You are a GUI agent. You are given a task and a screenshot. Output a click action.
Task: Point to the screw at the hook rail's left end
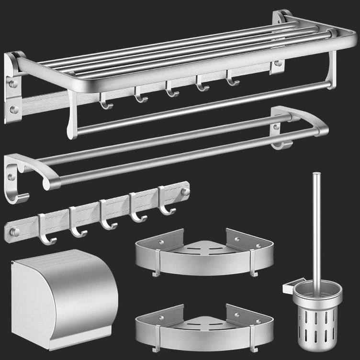click(15, 232)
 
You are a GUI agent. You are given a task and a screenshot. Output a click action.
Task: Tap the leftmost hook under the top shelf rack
click(105, 101)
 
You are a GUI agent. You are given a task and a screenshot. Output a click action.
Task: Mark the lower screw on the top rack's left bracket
click(14, 110)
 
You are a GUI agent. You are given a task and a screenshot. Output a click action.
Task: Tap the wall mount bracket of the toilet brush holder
click(288, 288)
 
